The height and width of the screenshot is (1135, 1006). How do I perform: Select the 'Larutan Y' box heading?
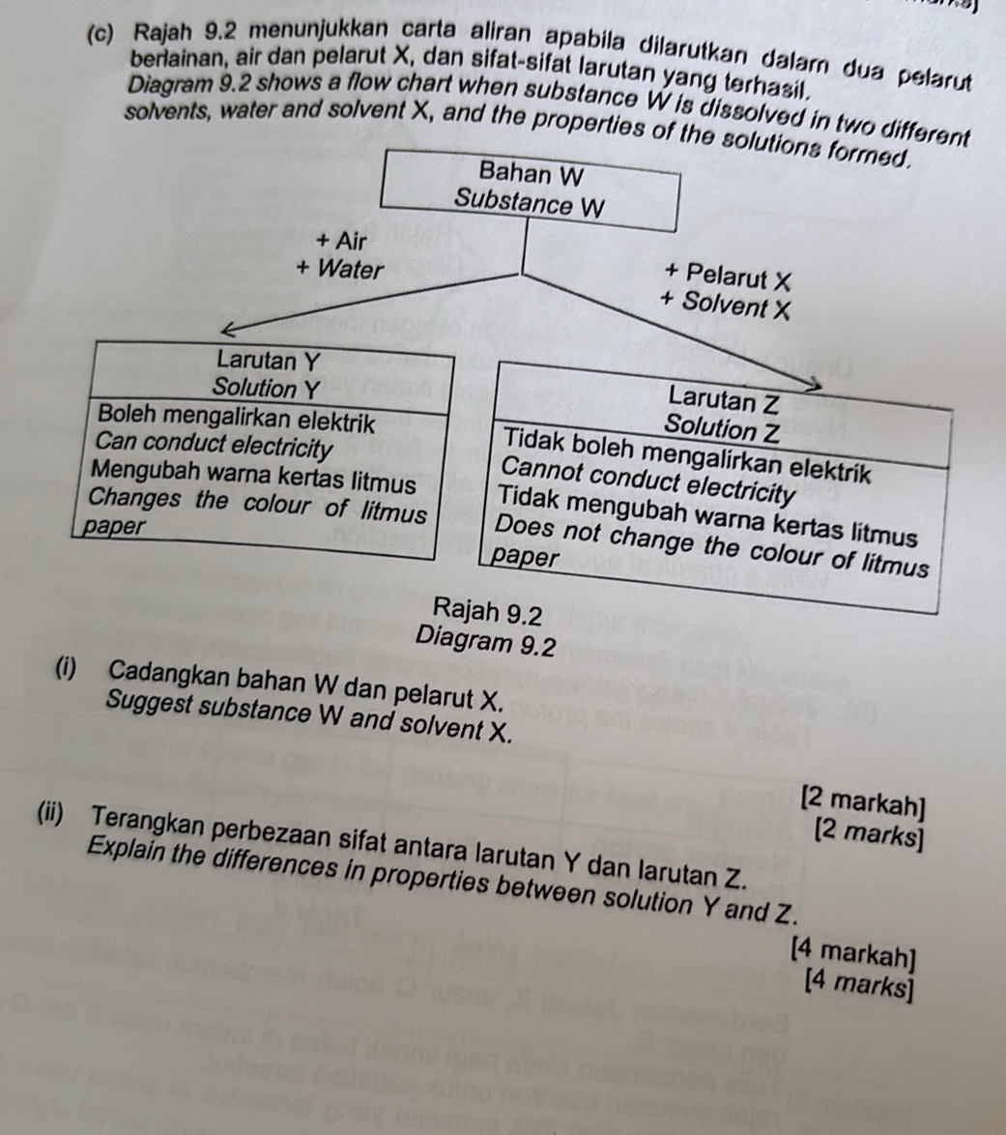(269, 362)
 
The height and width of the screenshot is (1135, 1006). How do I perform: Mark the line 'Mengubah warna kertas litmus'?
(255, 478)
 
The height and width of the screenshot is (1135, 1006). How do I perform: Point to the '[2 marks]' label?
(869, 828)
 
